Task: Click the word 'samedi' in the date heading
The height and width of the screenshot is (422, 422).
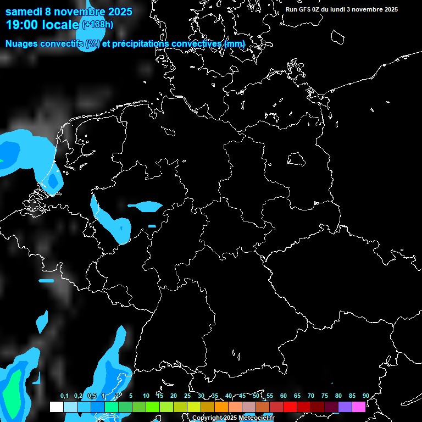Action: pyautogui.click(x=24, y=11)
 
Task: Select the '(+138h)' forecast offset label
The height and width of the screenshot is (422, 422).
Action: pyautogui.click(x=97, y=24)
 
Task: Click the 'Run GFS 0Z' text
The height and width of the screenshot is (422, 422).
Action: pyautogui.click(x=304, y=9)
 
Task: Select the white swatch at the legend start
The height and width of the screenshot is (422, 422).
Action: pyautogui.click(x=56, y=407)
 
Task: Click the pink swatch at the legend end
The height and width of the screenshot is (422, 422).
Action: pyautogui.click(x=359, y=407)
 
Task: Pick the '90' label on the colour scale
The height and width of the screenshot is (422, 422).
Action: pyautogui.click(x=366, y=396)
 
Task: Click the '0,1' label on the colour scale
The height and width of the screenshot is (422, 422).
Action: pyautogui.click(x=64, y=396)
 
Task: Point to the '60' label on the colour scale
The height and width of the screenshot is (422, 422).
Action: pyautogui.click(x=284, y=396)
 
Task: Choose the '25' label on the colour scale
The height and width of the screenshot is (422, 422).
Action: pyautogui.click(x=187, y=396)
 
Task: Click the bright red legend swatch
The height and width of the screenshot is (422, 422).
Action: pyautogui.click(x=290, y=407)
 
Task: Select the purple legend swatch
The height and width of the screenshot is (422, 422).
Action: pyautogui.click(x=345, y=407)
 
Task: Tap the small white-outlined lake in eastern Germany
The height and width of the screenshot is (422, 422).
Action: pyautogui.click(x=296, y=159)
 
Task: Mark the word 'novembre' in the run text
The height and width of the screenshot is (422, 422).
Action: pyautogui.click(x=368, y=9)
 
